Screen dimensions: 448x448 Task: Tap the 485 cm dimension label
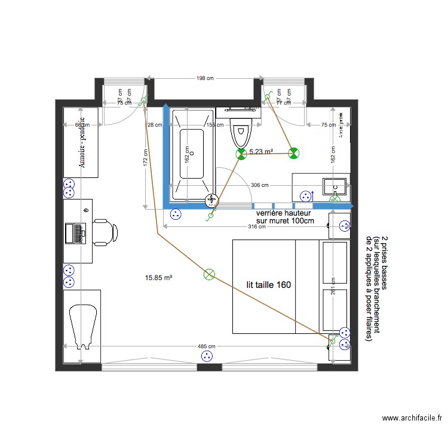[206, 347]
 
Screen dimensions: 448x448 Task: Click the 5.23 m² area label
[261, 152]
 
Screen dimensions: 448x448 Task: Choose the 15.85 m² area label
[159, 277]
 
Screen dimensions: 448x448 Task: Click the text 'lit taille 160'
[269, 285]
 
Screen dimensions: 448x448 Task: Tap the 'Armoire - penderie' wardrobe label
[82, 143]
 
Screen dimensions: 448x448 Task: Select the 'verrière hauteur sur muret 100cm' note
[284, 217]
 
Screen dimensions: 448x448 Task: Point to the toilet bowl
[241, 134]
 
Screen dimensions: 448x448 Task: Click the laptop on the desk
[77, 232]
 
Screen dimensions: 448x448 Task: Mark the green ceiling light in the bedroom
[208, 274]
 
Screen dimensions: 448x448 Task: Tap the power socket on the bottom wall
[208, 356]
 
